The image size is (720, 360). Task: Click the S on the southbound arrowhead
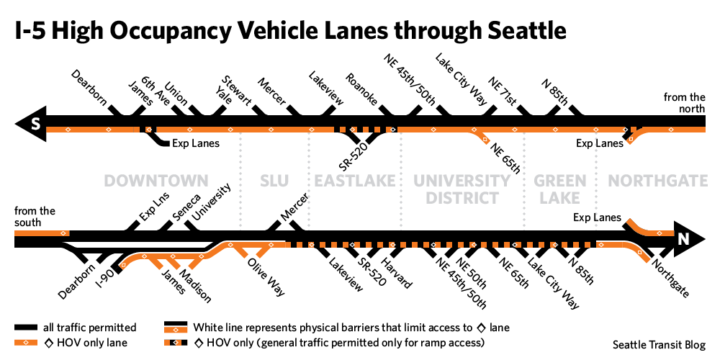pos(34,125)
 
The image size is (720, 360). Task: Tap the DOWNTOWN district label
pos(156,181)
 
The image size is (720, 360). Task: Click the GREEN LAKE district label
pos(560,189)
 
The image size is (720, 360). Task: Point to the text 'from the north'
pos(685,103)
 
